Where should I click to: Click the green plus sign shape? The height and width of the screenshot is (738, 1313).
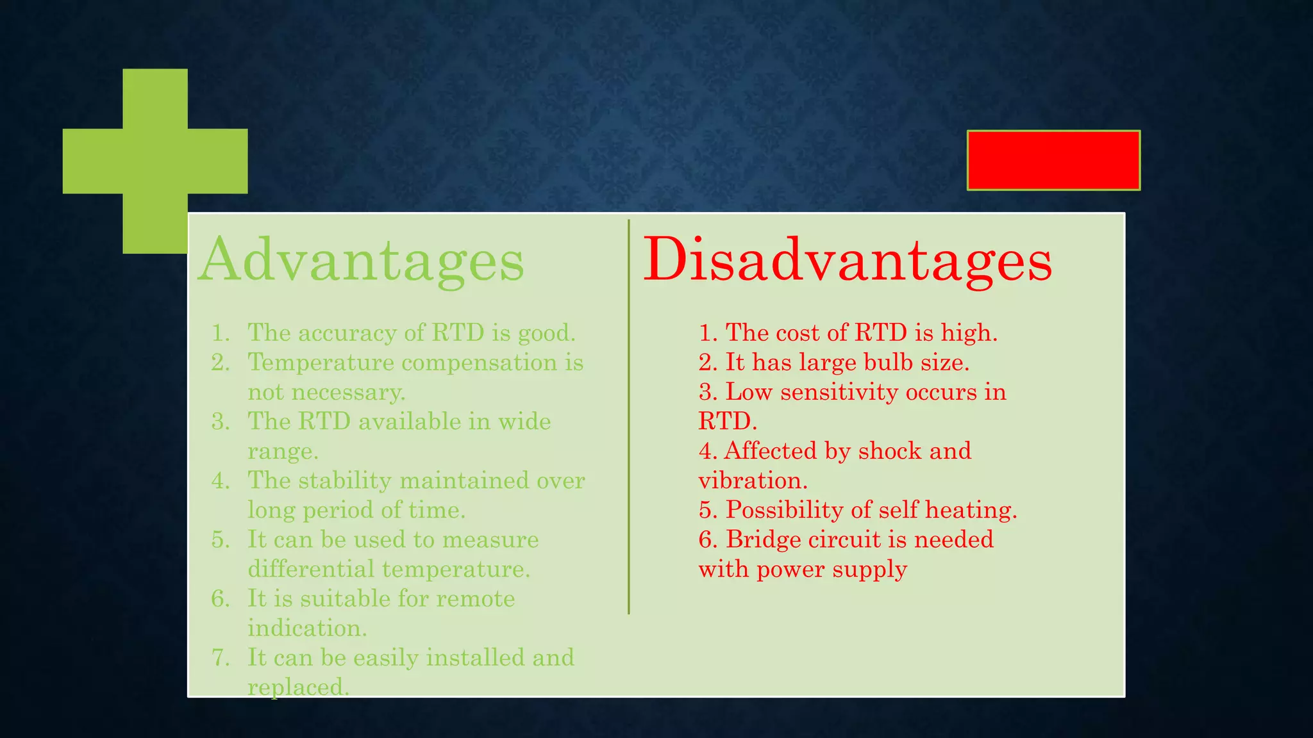pyautogui.click(x=155, y=161)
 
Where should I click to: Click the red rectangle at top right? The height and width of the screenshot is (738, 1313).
pyautogui.click(x=1053, y=160)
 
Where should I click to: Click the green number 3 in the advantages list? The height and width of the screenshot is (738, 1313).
pyautogui.click(x=220, y=422)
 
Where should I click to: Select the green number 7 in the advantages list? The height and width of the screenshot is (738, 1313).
pyautogui.click(x=220, y=657)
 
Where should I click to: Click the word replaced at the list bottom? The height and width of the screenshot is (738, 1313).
pyautogui.click(x=297, y=687)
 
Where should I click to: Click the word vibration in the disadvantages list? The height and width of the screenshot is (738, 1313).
pyautogui.click(x=752, y=480)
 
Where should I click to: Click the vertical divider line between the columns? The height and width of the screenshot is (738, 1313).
pyautogui.click(x=629, y=416)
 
